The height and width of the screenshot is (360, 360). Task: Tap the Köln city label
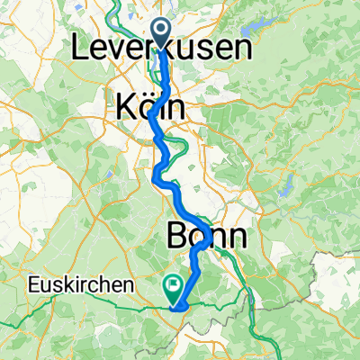pyautogui.click(x=150, y=108)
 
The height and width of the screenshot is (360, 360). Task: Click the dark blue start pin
pyautogui.click(x=163, y=34)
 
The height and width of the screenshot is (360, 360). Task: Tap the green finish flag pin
pyautogui.click(x=172, y=287)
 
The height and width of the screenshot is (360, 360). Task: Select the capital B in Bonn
pyautogui.click(x=176, y=237)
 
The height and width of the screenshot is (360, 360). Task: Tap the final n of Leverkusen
pyautogui.click(x=243, y=50)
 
